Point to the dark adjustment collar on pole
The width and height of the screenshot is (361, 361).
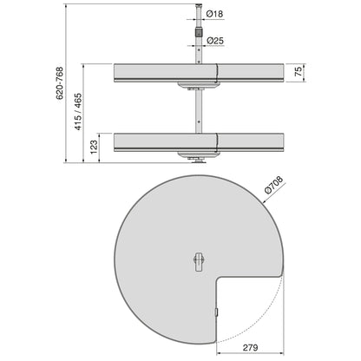[198, 36]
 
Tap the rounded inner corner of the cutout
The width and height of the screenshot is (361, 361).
[220, 280]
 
